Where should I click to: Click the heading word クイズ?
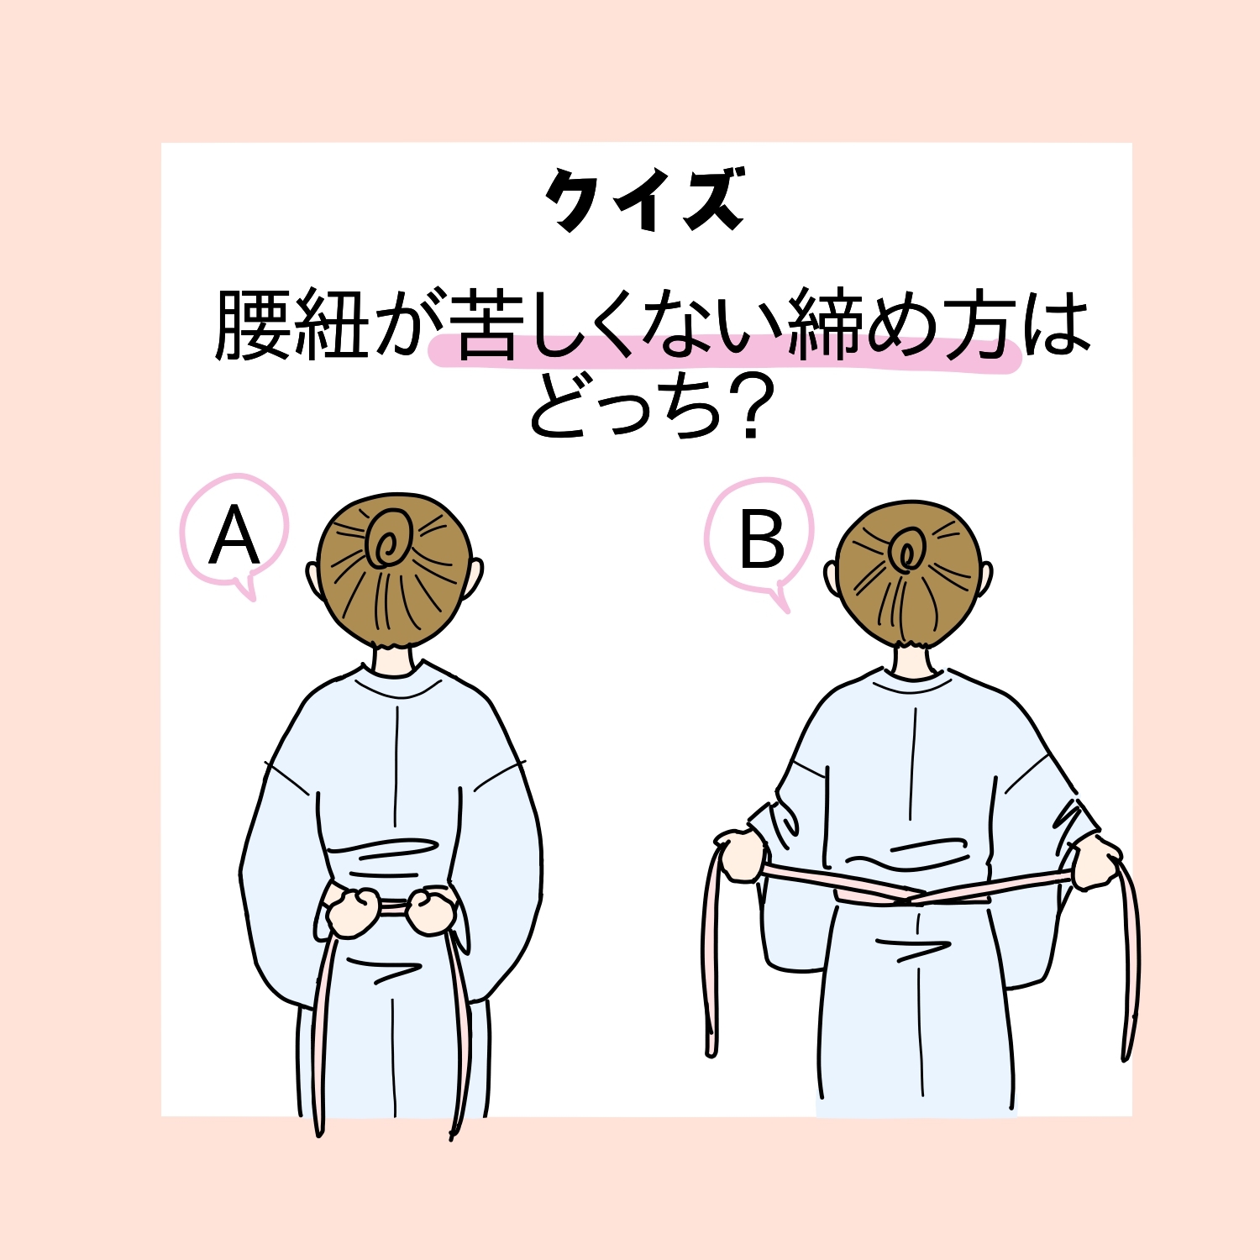tap(644, 200)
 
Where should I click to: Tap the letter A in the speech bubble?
tap(234, 538)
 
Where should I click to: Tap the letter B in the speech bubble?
tap(761, 541)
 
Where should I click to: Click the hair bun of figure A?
tap(388, 538)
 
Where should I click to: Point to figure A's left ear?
tap(312, 580)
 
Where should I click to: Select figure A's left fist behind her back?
tap(351, 911)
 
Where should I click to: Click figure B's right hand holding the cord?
tap(1096, 861)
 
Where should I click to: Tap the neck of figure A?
tap(395, 659)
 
